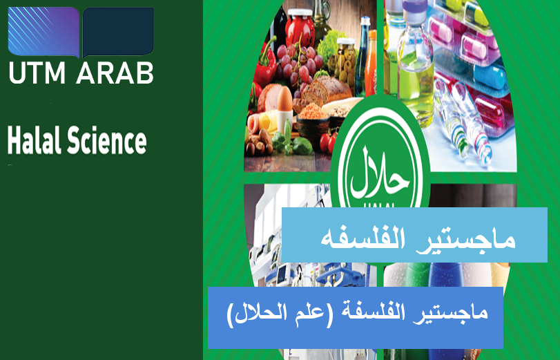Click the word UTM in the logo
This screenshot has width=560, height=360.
37,73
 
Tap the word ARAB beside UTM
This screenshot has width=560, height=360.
115,73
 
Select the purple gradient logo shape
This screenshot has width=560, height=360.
44,32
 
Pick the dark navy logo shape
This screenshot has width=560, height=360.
118,32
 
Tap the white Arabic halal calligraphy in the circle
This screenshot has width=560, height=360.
380,173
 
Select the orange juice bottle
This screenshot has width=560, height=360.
371,62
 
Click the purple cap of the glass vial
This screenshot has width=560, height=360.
414,6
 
